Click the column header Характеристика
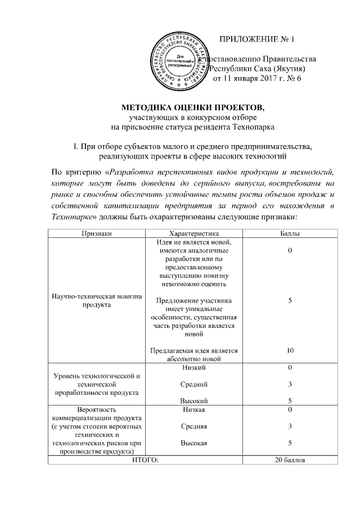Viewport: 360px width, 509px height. pos(193,233)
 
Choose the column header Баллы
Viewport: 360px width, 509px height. pos(290,233)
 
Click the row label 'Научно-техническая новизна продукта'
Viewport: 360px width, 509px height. pos(97,300)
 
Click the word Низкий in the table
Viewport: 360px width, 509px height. pos(193,368)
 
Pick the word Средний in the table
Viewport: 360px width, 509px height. pos(193,384)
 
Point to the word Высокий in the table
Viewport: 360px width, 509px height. pos(193,401)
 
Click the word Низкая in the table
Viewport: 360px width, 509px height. pos(193,410)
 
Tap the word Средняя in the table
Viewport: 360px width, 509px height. pos(193,426)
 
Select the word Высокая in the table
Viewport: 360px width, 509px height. pos(193,443)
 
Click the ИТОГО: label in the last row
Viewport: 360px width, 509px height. pos(145,460)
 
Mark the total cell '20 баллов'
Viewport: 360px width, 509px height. pos(290,460)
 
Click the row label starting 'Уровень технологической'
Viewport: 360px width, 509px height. pos(97,384)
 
